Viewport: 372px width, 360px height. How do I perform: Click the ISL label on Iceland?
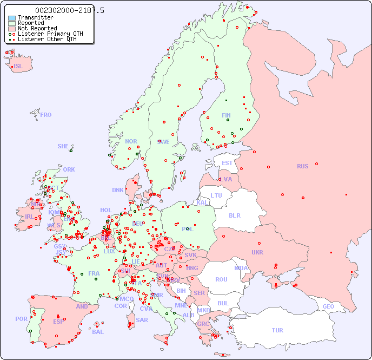(x=18, y=67)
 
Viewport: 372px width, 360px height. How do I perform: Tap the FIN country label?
(x=226, y=115)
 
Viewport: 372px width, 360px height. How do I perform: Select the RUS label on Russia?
(x=302, y=166)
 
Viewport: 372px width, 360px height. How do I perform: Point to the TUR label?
(x=277, y=330)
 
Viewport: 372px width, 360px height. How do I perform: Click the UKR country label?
(x=257, y=252)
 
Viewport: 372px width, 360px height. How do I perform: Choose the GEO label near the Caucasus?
(x=328, y=306)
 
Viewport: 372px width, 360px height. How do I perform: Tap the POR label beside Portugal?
(x=21, y=319)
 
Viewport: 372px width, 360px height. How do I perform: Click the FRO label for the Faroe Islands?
(x=45, y=115)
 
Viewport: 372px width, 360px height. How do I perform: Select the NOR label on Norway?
(x=131, y=141)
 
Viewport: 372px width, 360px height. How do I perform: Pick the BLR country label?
(x=235, y=215)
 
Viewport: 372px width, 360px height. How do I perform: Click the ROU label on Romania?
(x=221, y=279)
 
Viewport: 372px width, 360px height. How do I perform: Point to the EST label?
(x=227, y=163)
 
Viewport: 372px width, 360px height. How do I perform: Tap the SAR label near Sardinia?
(x=142, y=320)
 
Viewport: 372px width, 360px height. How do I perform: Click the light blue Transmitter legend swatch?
(x=12, y=18)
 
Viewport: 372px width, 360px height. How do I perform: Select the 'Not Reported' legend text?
(x=37, y=28)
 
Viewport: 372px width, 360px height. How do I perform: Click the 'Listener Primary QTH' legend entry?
(x=50, y=34)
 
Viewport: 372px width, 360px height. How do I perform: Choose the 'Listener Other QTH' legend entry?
(x=47, y=39)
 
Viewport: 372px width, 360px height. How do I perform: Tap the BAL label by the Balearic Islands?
(x=97, y=332)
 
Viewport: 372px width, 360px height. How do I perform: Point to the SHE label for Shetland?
(x=63, y=146)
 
